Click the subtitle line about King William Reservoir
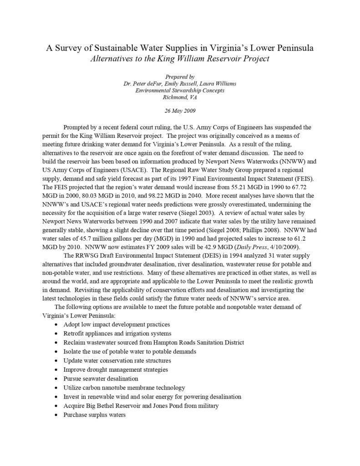click(x=180, y=58)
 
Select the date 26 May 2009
click(x=180, y=111)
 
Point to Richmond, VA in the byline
click(x=180, y=97)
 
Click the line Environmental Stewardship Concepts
click(x=180, y=91)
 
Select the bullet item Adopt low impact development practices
click(x=117, y=324)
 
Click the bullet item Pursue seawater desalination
click(x=101, y=379)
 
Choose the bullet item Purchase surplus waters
click(x=95, y=415)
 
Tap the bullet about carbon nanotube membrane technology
click(x=124, y=388)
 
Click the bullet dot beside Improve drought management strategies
click(x=56, y=370)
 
